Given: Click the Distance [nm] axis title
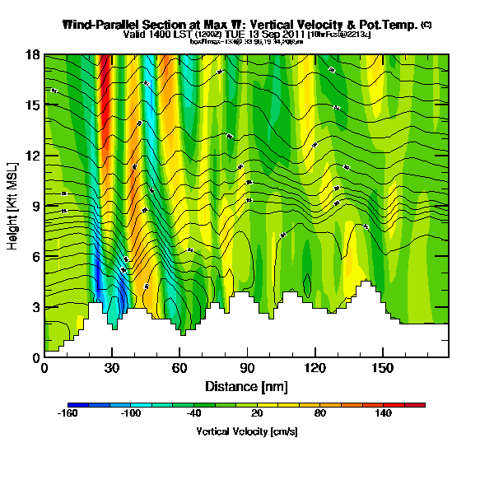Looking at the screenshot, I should click(x=246, y=385).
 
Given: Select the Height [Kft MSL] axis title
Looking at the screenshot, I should click(x=13, y=206).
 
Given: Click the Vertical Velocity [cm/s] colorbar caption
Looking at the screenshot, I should click(x=246, y=431).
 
